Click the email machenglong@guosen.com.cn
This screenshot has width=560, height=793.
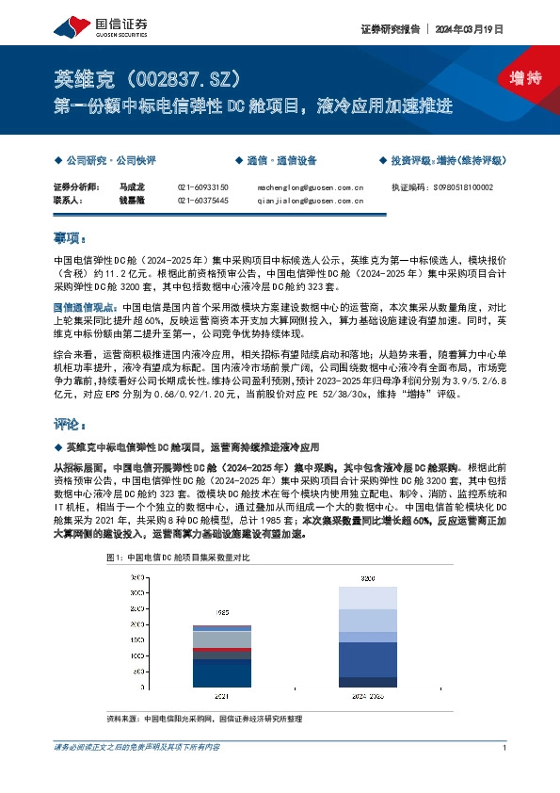click(x=310, y=188)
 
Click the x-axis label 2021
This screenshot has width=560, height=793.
click(x=222, y=697)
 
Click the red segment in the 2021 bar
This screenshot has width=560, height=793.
click(x=222, y=651)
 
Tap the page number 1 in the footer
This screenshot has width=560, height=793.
click(x=505, y=747)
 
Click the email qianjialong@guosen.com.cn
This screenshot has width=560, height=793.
click(x=310, y=201)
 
